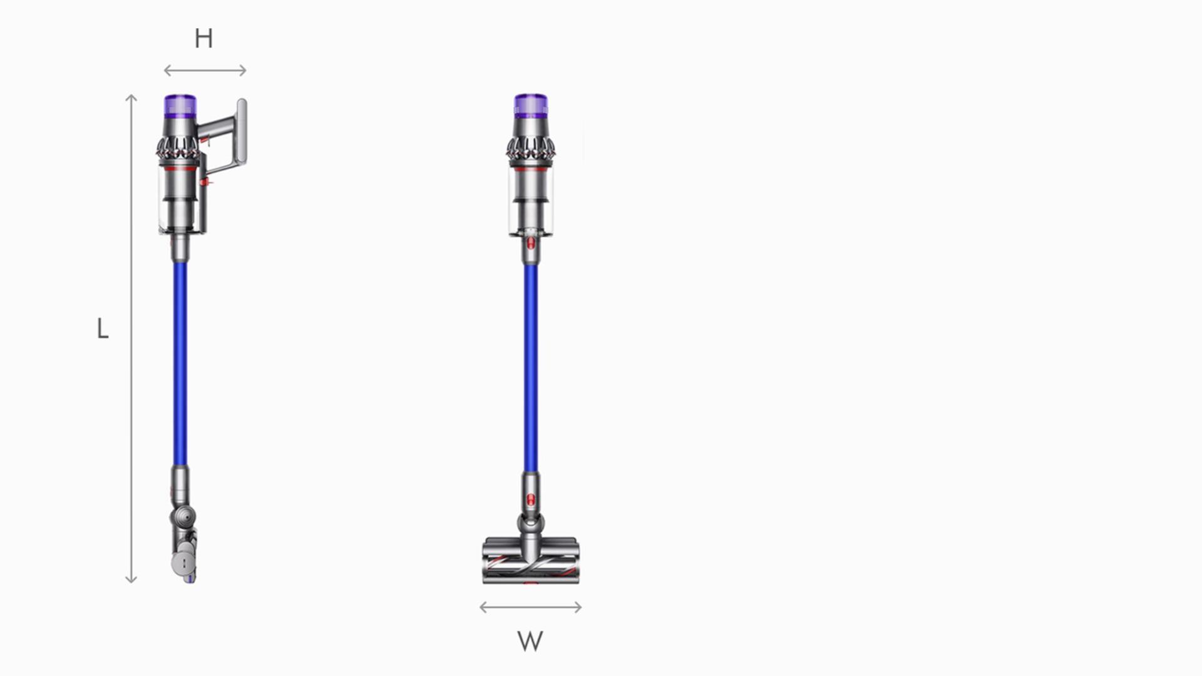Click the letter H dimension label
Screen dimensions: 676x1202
pos(203,39)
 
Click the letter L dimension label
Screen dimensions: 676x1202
pos(103,329)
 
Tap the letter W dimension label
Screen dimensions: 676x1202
pos(530,641)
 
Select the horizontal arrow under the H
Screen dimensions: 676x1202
pos(205,71)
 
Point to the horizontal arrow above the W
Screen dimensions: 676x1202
pos(530,607)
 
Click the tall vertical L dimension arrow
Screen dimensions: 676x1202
pos(131,338)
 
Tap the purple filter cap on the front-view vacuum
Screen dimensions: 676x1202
pos(531,106)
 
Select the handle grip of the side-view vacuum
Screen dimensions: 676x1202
pos(241,131)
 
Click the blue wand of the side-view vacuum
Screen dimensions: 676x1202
pos(180,363)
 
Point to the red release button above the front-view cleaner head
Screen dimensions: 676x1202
pos(531,499)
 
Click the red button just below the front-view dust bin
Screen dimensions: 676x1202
pos(531,242)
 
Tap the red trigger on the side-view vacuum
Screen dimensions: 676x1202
pos(205,182)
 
